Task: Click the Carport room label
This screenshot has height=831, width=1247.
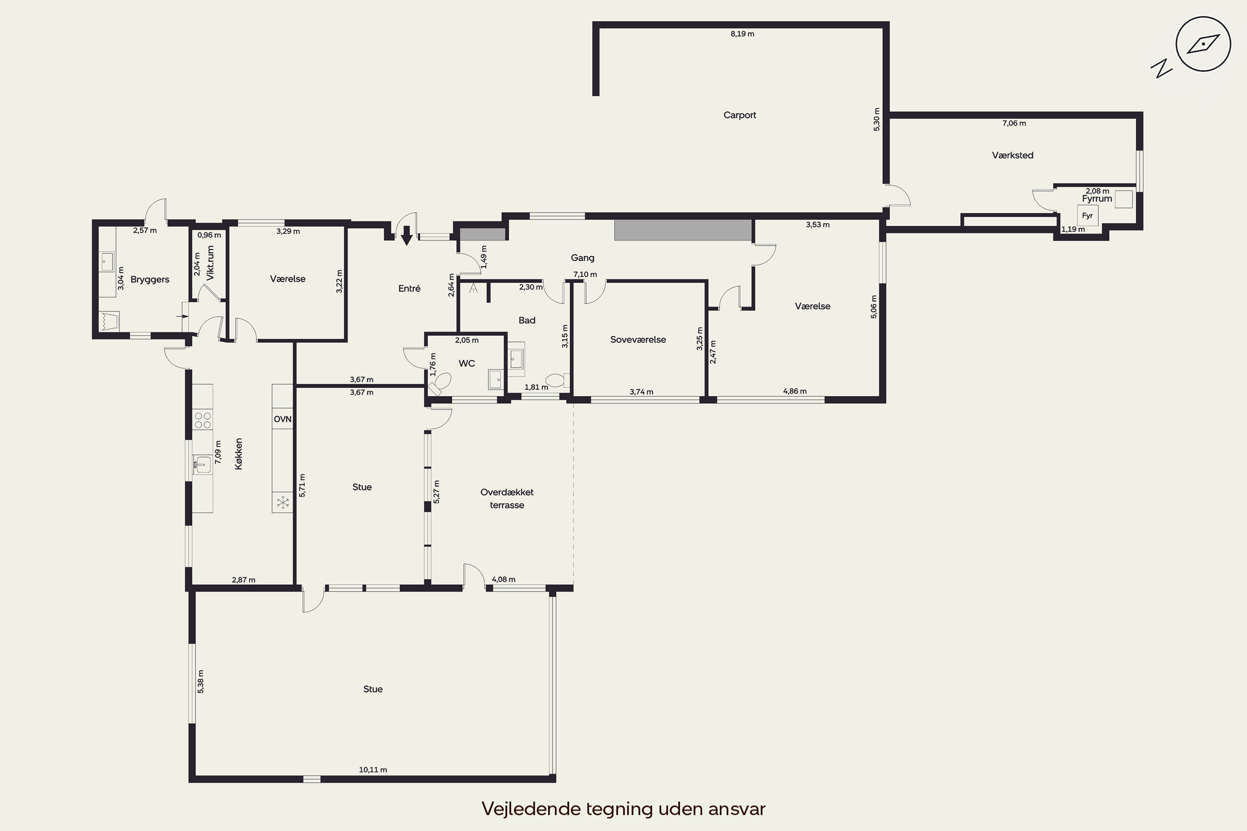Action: pos(739,115)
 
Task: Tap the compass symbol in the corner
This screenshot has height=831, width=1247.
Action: pos(1203,44)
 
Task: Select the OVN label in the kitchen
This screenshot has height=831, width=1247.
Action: pos(283,419)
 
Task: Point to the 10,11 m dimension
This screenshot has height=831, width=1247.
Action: pos(373,770)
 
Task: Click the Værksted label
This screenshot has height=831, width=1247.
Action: pos(1013,155)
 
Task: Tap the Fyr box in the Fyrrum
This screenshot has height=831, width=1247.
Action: pos(1087,216)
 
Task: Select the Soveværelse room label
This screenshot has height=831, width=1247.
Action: pos(638,340)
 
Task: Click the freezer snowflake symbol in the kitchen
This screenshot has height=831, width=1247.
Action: pos(283,502)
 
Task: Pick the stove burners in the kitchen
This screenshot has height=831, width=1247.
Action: pos(202,420)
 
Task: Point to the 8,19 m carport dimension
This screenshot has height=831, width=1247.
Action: pos(742,34)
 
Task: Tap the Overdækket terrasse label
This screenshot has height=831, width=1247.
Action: pos(507,498)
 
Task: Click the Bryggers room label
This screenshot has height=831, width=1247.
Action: pos(150,279)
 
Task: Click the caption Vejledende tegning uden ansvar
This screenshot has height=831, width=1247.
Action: pos(623,809)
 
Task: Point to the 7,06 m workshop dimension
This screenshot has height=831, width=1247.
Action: pos(1014,123)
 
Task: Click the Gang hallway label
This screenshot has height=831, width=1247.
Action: pos(582,258)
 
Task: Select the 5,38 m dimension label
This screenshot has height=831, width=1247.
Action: pos(200,681)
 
